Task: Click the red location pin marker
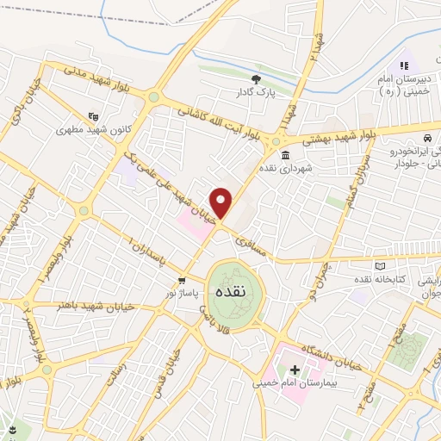tap(222, 202)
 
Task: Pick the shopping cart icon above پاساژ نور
tap(182, 281)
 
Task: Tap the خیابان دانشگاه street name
tap(332, 350)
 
